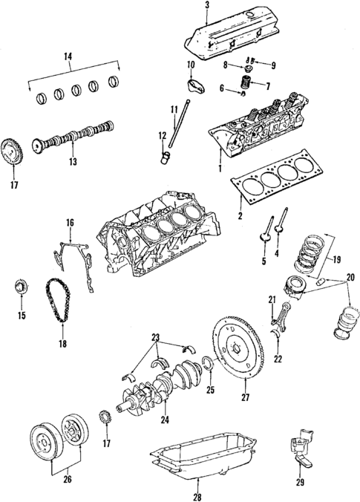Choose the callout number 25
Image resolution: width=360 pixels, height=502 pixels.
coord(211,390)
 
